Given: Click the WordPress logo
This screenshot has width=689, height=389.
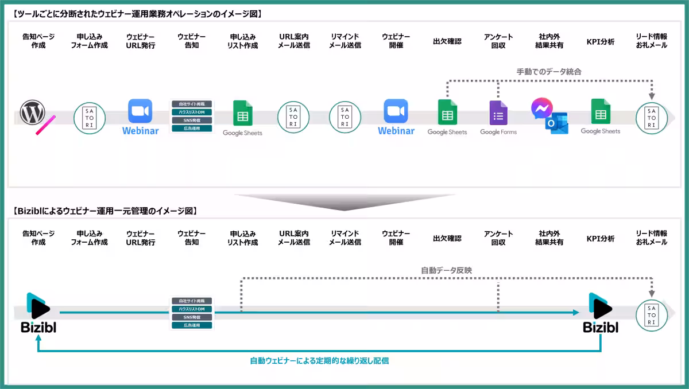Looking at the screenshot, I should pyautogui.click(x=32, y=112).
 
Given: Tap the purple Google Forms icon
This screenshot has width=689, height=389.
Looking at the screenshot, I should pyautogui.click(x=498, y=113).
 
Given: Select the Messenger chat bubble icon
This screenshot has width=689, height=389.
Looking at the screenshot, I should pyautogui.click(x=541, y=108).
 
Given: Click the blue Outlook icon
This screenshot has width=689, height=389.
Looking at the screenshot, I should pyautogui.click(x=558, y=123).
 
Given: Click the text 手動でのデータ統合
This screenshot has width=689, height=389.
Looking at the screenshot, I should pyautogui.click(x=549, y=72).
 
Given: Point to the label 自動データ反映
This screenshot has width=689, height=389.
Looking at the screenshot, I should pyautogui.click(x=446, y=270).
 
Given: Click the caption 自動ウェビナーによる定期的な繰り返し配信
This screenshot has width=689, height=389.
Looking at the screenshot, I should pyautogui.click(x=319, y=361).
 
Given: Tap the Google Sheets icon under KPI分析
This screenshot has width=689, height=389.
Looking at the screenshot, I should pyautogui.click(x=601, y=112).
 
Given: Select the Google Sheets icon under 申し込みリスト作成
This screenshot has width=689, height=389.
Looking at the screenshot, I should pyautogui.click(x=242, y=114).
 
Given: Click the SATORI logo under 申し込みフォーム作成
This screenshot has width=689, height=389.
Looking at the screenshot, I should pyautogui.click(x=90, y=118).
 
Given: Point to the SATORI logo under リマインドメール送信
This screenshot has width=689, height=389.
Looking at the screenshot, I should pyautogui.click(x=344, y=118).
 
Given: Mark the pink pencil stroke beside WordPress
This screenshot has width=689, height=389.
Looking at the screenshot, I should pyautogui.click(x=45, y=125).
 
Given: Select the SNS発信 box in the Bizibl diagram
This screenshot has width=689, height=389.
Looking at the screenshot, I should pyautogui.click(x=191, y=317).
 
